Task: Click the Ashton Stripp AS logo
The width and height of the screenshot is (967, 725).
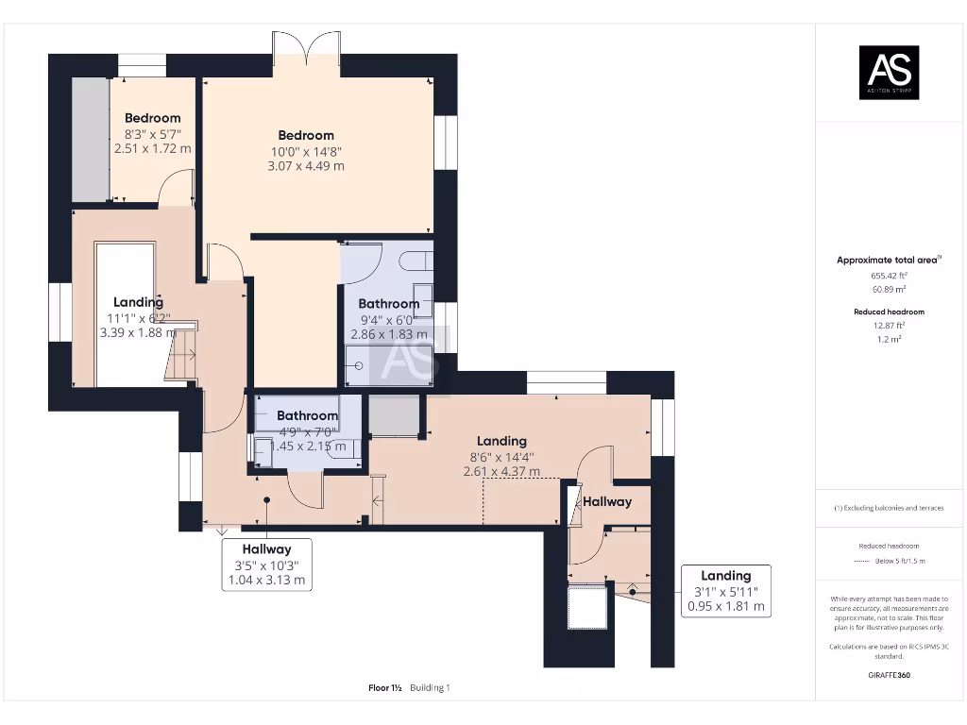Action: (x=888, y=73)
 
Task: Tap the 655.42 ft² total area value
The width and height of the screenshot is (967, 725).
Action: (x=888, y=275)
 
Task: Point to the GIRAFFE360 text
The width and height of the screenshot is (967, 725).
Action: (x=889, y=675)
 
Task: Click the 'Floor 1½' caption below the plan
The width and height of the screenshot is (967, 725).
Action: (x=386, y=688)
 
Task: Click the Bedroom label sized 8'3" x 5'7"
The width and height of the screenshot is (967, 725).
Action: (x=152, y=118)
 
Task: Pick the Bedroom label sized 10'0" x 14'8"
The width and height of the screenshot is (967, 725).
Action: (x=305, y=135)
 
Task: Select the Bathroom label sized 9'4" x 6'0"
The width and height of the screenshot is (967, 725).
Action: (x=388, y=304)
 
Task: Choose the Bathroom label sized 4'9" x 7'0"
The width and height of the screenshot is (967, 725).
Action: (x=307, y=415)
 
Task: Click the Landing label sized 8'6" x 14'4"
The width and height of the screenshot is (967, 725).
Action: (x=501, y=441)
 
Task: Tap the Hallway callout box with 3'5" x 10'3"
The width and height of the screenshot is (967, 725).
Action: (x=265, y=565)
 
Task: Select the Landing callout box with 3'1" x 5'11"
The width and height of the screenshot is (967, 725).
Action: (x=725, y=591)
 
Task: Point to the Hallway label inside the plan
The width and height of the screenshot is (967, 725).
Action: (x=606, y=501)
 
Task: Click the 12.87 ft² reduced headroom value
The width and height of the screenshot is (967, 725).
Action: (x=888, y=324)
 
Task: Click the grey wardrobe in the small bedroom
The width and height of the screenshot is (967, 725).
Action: (x=91, y=139)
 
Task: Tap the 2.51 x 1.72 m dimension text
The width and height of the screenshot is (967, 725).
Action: (x=152, y=148)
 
